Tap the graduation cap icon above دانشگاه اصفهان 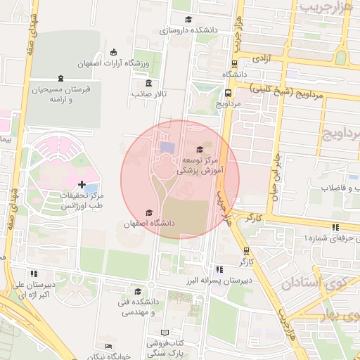tap(148, 212)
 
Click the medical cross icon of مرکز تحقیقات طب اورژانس tap(82, 184)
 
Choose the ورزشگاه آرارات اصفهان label tap(127, 64)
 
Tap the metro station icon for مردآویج tap(229, 92)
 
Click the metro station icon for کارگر tap(245, 250)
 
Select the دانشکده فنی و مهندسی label tap(138, 307)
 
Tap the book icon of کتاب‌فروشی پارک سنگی tap(165, 333)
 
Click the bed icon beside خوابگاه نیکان tap(108, 346)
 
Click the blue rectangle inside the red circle tap(167, 147)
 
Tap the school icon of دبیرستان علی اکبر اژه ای tap(32, 274)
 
